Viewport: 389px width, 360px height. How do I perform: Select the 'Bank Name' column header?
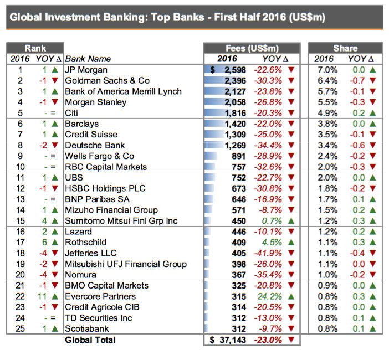coord(88,59)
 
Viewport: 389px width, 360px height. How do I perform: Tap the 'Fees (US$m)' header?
coord(252,48)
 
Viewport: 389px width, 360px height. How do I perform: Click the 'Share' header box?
coord(345,48)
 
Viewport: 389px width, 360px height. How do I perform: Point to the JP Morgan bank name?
coord(86,70)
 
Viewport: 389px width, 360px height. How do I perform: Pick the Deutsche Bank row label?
coord(94,145)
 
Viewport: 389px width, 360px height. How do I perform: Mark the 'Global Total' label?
coord(90,340)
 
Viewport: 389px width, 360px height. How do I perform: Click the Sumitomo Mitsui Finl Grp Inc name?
coord(121,221)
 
